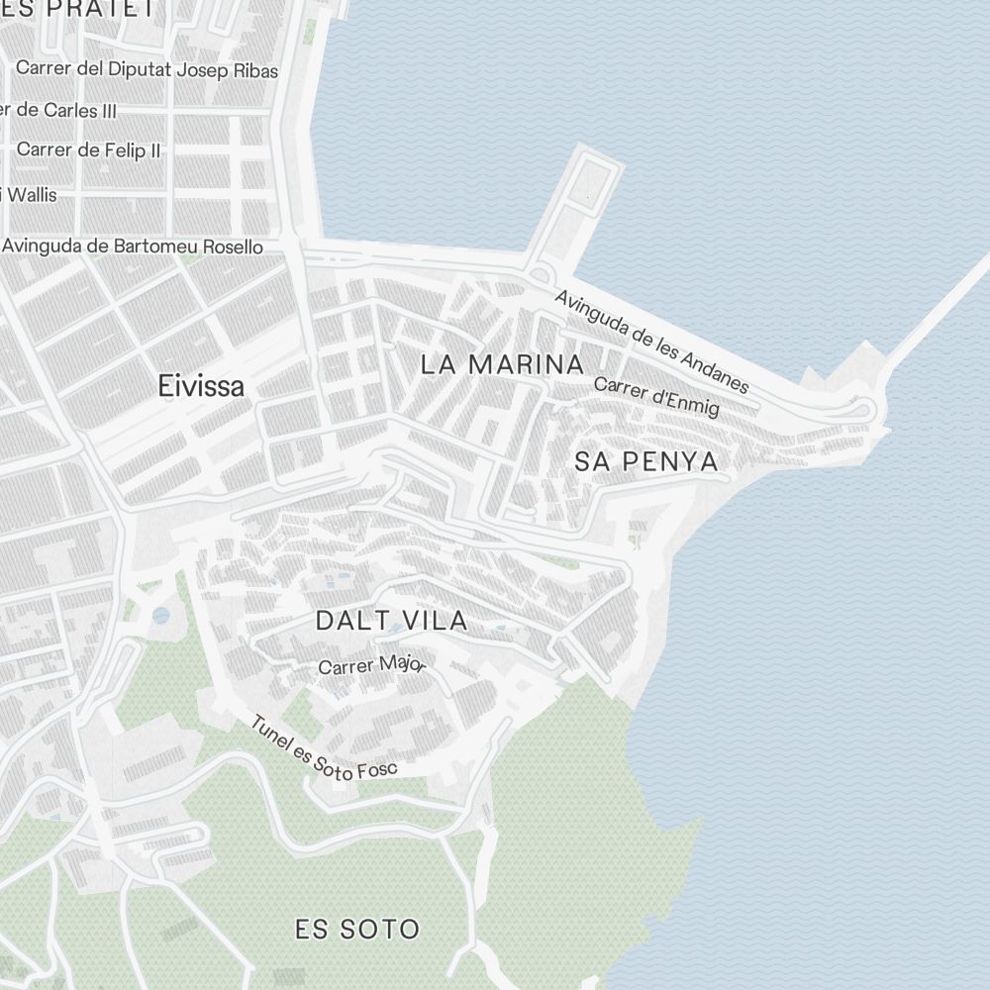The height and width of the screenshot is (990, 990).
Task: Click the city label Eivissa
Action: pos(201,386)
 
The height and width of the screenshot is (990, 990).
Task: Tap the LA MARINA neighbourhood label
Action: pos(502,364)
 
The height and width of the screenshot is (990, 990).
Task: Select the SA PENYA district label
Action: pos(645,461)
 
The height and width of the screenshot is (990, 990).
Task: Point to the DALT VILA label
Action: pos(391,622)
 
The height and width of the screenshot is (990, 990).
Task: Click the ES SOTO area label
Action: pos(357,930)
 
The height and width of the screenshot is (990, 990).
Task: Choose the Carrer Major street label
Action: pos(371,665)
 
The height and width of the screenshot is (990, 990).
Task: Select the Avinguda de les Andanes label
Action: pos(651,341)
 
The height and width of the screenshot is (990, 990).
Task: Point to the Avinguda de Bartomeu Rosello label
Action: pos(134,246)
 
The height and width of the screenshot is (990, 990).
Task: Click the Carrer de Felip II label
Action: pos(89,150)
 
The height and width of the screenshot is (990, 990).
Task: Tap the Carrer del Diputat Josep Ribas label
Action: pos(148,70)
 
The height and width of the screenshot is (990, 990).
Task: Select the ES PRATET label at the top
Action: pos(79,9)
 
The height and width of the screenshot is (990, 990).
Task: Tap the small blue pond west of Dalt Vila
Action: pos(160,616)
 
